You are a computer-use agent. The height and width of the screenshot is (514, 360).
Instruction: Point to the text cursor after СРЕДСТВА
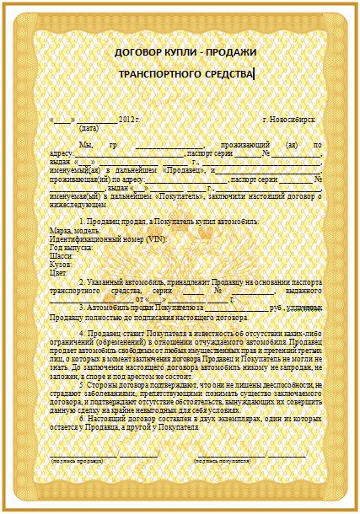coord(254,74)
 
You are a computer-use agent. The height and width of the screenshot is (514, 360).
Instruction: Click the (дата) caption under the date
coord(89,130)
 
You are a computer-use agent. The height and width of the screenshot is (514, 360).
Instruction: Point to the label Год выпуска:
coord(71,248)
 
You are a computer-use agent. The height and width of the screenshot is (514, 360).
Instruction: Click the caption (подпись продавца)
coord(81,462)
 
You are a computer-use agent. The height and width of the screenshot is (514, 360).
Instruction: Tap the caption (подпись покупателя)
coord(223,462)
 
